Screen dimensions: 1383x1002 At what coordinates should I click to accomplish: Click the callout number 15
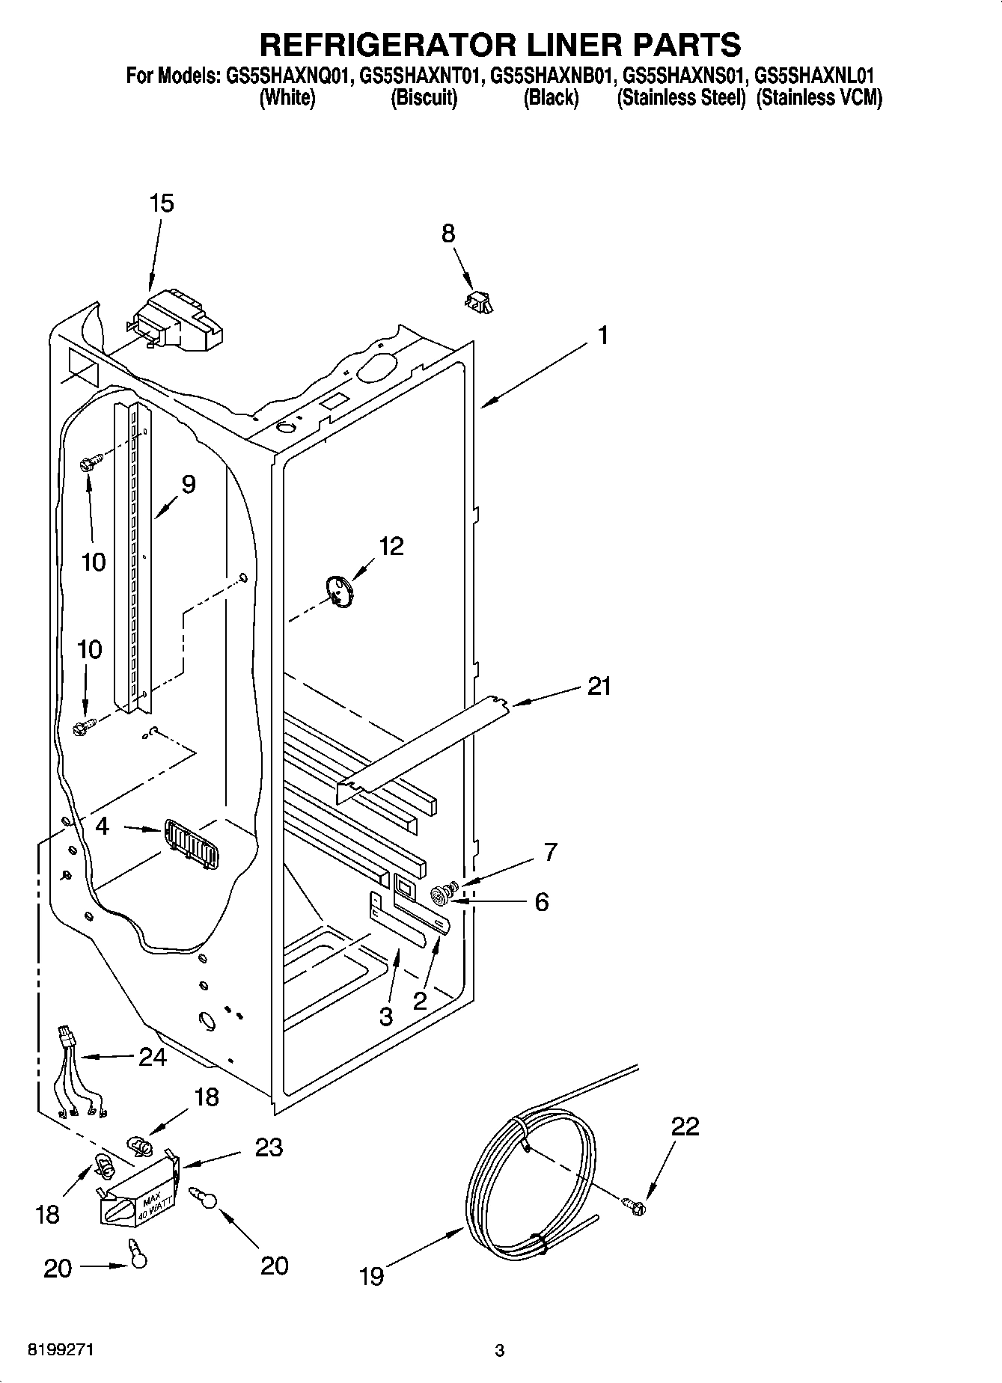click(x=162, y=203)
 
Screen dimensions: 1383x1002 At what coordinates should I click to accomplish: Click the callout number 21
click(x=599, y=686)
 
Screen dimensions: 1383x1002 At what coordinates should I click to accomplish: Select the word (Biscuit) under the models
click(x=424, y=98)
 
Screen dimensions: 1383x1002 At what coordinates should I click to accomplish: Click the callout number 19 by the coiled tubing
click(x=371, y=1275)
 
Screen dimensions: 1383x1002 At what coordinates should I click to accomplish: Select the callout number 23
click(x=269, y=1147)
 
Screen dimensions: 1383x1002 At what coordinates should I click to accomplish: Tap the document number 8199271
click(x=61, y=1351)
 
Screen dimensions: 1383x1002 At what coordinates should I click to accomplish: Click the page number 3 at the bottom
click(x=500, y=1351)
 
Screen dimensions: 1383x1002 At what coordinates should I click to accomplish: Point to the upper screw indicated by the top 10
click(x=86, y=464)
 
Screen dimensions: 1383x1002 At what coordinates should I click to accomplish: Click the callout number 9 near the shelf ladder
click(x=188, y=484)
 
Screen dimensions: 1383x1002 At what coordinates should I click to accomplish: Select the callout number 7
click(x=550, y=851)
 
